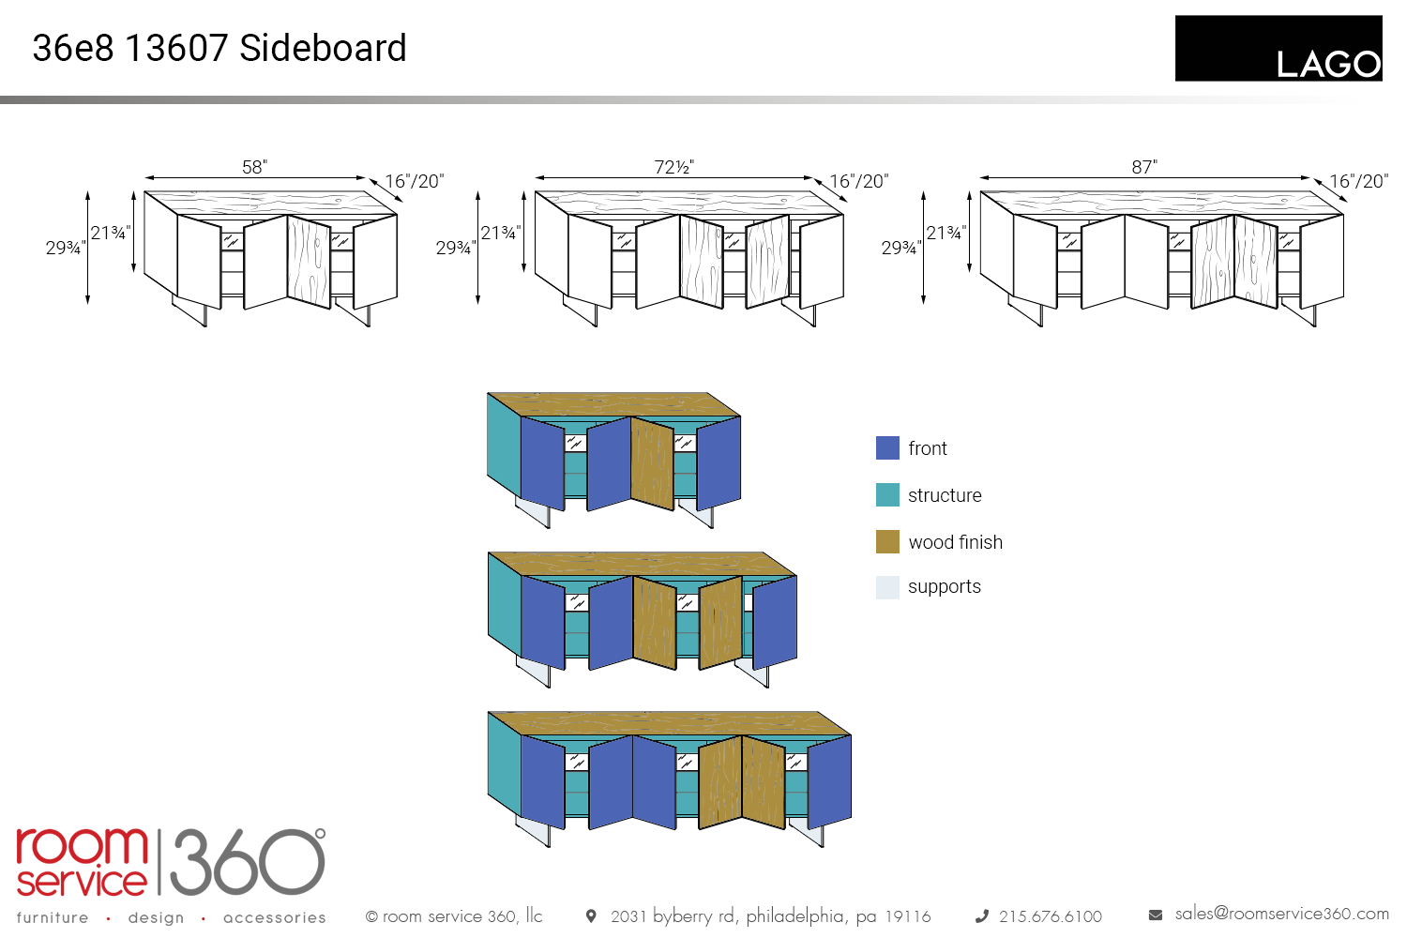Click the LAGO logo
(1278, 48)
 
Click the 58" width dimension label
(254, 167)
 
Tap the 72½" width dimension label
(673, 167)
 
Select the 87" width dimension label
(1143, 167)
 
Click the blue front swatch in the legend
(887, 448)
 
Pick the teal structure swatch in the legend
(887, 495)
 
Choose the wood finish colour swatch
(887, 542)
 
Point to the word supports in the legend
(944, 587)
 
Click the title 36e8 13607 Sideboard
(219, 48)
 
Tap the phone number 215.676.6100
(1050, 916)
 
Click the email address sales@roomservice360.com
(1281, 914)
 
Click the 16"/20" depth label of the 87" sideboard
(1358, 181)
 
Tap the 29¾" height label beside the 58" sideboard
(65, 248)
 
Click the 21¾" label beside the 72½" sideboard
(500, 233)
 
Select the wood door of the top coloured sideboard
(653, 464)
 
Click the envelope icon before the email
(1156, 915)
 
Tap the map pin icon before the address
(591, 915)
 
